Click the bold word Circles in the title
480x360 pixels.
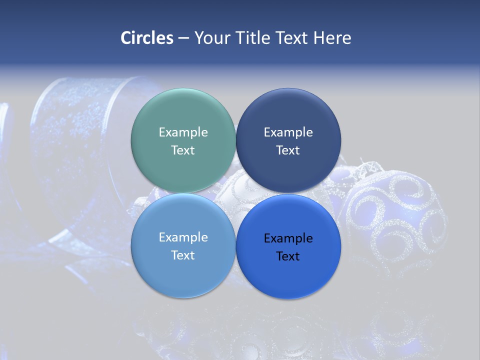pyautogui.click(x=147, y=38)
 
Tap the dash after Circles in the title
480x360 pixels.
pyautogui.click(x=183, y=38)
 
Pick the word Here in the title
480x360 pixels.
pyautogui.click(x=332, y=38)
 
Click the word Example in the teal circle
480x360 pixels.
pyautogui.click(x=183, y=132)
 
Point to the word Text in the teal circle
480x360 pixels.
pyautogui.click(x=183, y=150)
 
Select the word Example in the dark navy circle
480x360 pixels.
pyautogui.click(x=288, y=132)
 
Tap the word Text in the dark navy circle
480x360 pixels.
pyautogui.click(x=288, y=150)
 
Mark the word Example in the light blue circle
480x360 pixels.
pyautogui.click(x=183, y=237)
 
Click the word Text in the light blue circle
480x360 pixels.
pyautogui.click(x=183, y=255)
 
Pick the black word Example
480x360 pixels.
pyautogui.click(x=288, y=238)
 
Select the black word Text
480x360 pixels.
pyautogui.click(x=288, y=256)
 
